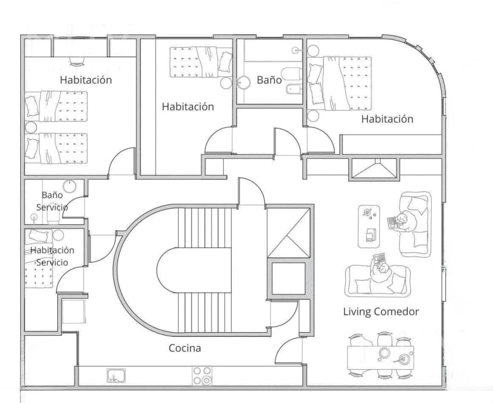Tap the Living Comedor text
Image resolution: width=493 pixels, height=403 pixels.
pyautogui.click(x=380, y=311)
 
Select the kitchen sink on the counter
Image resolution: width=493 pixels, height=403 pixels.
pyautogui.click(x=116, y=376)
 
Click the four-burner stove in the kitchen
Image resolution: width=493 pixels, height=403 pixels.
pyautogui.click(x=202, y=376)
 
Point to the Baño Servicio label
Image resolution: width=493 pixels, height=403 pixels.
pyautogui.click(x=52, y=201)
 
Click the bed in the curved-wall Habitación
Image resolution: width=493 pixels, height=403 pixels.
pyautogui.click(x=339, y=82)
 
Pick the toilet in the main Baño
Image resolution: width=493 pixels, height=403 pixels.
pyautogui.click(x=289, y=74)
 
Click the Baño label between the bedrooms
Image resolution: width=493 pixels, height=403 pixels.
pyautogui.click(x=269, y=80)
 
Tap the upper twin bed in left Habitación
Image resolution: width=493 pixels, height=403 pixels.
pyautogui.click(x=57, y=106)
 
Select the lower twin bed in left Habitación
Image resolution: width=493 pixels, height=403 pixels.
pyautogui.click(x=57, y=147)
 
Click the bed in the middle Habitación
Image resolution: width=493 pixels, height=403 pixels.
pyautogui.click(x=199, y=63)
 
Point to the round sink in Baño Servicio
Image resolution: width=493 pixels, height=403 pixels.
pyautogui.click(x=69, y=186)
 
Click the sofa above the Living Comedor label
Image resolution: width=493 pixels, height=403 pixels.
pyautogui.click(x=377, y=280)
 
